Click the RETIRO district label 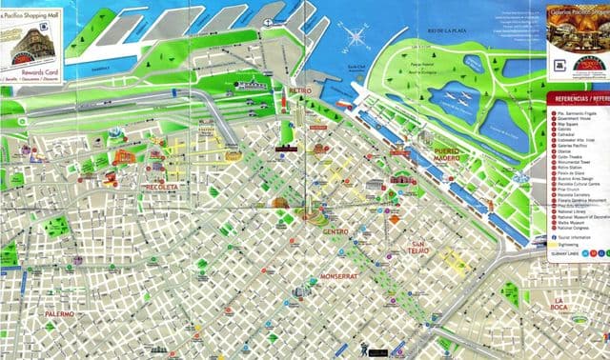[x=299, y=90]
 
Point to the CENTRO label [x=335, y=231]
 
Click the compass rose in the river [x=359, y=39]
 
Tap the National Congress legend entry [x=573, y=229]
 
